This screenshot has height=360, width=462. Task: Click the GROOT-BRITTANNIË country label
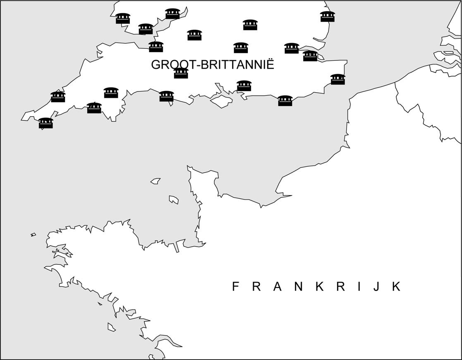212,65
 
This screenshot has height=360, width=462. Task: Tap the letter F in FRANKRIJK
235,286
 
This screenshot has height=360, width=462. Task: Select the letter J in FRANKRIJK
376,287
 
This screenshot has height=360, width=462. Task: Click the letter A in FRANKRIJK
278,286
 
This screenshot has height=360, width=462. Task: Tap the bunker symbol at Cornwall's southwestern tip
45,123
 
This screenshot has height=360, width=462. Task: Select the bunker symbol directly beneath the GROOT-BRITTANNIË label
181,73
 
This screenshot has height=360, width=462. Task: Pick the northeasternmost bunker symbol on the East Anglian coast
327,17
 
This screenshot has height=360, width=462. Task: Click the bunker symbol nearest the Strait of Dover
338,79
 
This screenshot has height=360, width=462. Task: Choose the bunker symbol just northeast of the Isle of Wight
244,86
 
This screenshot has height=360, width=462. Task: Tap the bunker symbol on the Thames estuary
310,56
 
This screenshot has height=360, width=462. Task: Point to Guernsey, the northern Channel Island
156,181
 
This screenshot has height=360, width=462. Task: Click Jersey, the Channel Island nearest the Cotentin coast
174,199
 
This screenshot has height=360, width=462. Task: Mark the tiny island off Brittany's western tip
33,235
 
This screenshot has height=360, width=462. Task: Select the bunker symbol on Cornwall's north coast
58,97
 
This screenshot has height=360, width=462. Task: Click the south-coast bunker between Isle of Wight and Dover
285,101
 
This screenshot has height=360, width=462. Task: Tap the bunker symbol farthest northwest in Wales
123,19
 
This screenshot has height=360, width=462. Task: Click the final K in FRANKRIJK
396,286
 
